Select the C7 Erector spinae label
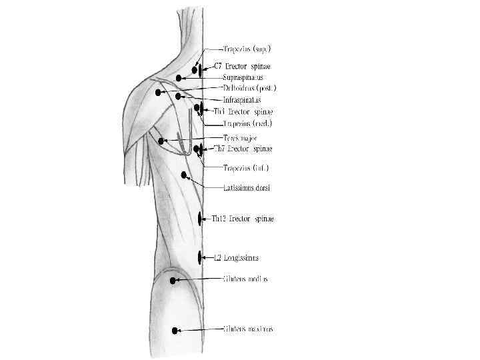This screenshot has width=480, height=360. [x=243, y=67]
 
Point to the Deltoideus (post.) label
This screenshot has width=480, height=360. [x=249, y=88]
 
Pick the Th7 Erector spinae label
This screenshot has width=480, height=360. [x=242, y=149]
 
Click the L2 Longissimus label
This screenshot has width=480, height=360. [x=237, y=257]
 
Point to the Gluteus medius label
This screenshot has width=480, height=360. [x=245, y=279]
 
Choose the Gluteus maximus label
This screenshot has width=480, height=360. [x=249, y=329]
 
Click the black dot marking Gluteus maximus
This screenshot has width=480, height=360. [x=175, y=331]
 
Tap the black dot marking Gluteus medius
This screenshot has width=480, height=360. [x=173, y=281]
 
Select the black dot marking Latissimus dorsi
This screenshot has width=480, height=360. [x=184, y=175]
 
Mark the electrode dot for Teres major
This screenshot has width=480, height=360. [x=161, y=141]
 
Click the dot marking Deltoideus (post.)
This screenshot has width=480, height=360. [x=158, y=93]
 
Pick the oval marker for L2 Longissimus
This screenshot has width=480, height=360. [x=200, y=257]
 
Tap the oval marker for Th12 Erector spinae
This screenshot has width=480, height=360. [x=201, y=218]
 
